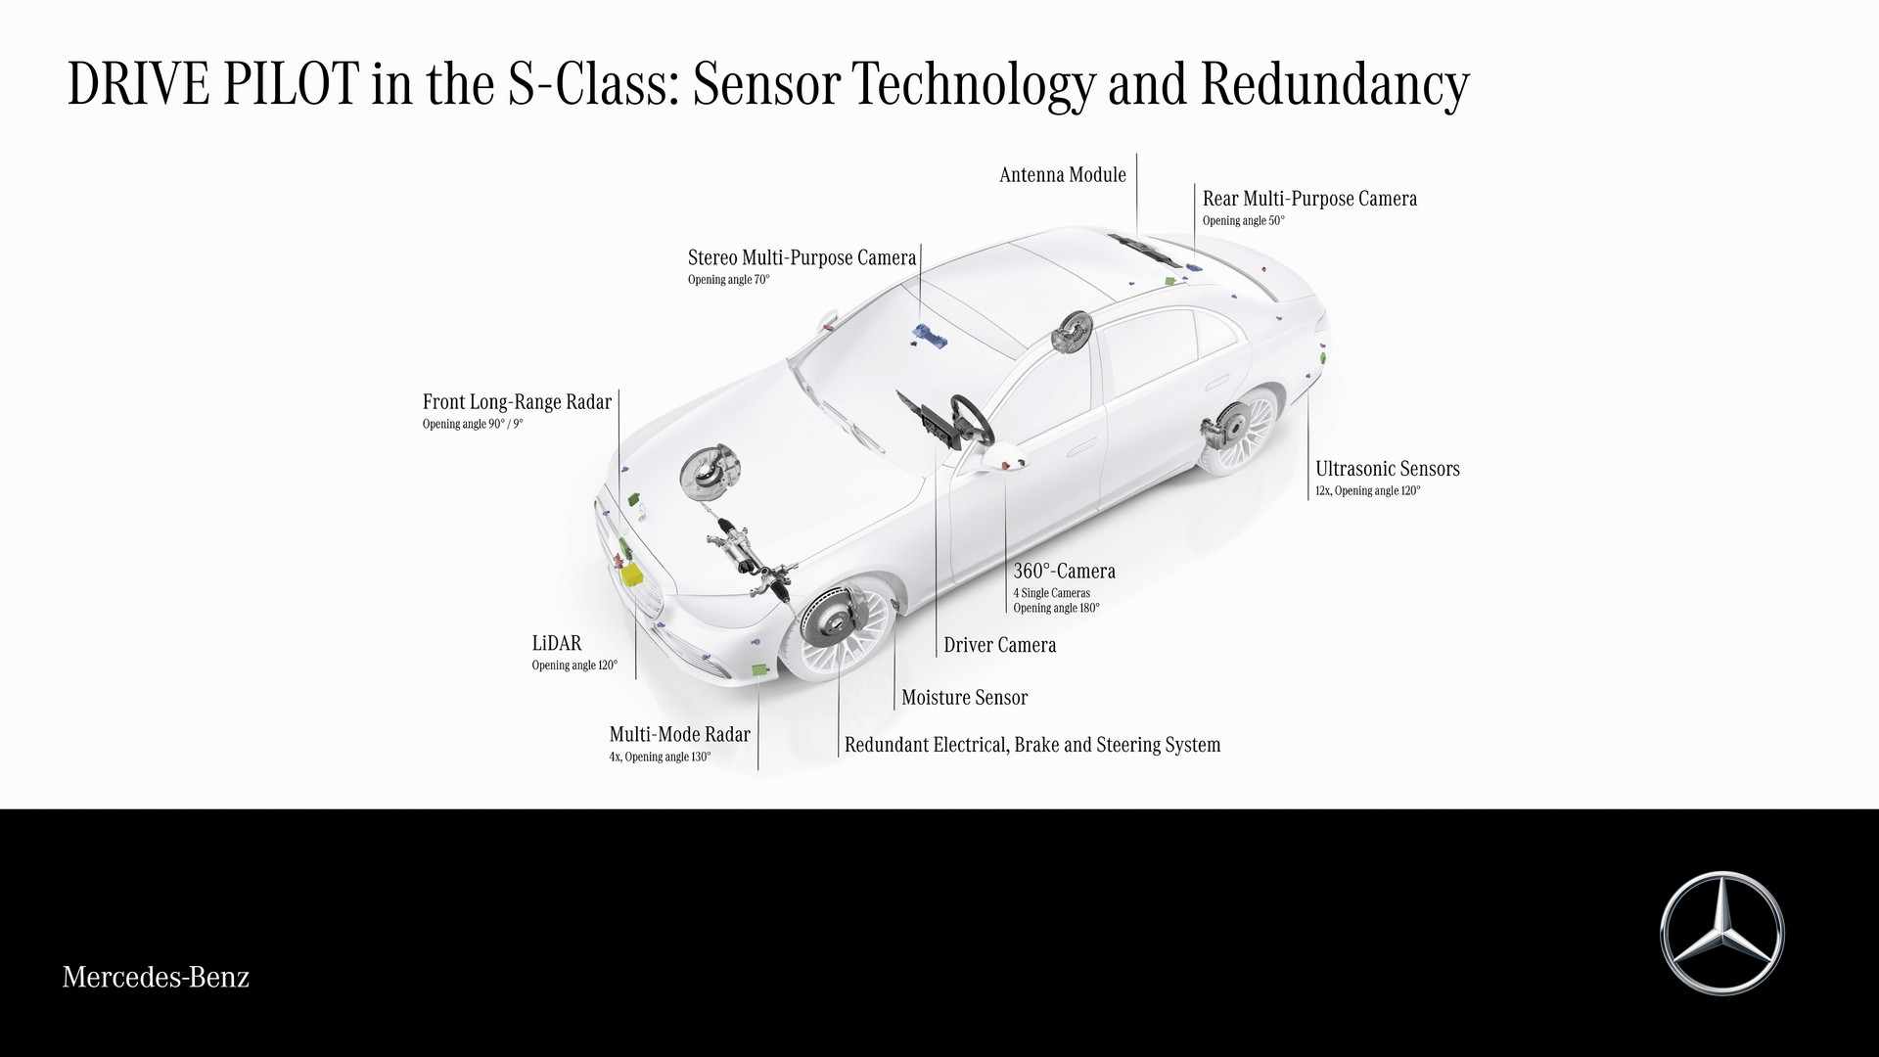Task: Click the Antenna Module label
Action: [1063, 175]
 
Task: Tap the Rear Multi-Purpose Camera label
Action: [1309, 200]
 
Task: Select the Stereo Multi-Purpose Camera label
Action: [802, 258]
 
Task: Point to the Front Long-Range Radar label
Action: [517, 402]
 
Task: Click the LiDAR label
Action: [557, 643]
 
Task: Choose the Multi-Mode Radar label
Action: [679, 734]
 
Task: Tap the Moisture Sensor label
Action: [964, 698]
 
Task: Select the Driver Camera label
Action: [999, 645]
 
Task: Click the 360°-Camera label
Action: [1064, 571]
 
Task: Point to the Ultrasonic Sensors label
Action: [1387, 469]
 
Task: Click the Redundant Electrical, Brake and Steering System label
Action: [1032, 745]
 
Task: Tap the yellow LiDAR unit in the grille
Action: [634, 574]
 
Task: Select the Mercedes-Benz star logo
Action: [1722, 933]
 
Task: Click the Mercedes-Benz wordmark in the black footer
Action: [156, 977]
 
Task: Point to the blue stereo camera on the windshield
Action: [927, 336]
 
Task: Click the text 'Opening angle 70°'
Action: [728, 280]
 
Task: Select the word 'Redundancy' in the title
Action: [1335, 85]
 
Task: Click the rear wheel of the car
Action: [1241, 431]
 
